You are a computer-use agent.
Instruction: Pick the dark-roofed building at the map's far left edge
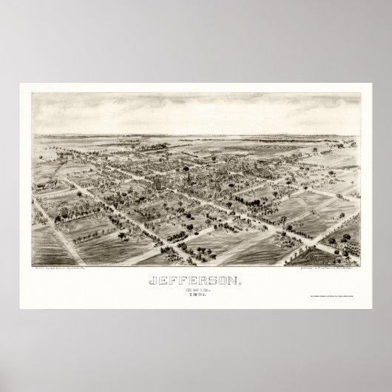[35, 214]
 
